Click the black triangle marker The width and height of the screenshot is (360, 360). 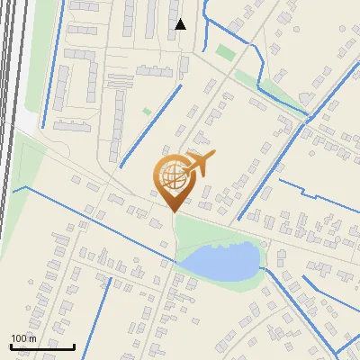[180, 24]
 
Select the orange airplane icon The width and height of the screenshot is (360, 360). [200, 164]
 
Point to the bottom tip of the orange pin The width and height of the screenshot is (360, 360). [173, 211]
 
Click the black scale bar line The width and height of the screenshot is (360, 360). [42, 346]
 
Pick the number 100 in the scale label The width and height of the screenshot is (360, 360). [19, 338]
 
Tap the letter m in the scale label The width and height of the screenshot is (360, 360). [32, 338]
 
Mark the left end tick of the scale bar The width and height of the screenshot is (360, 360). [11, 345]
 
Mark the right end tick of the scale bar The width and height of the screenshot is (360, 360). [74, 345]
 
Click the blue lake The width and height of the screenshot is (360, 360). [220, 262]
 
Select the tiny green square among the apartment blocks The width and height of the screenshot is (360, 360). [147, 112]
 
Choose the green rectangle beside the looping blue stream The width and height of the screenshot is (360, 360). [225, 52]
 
